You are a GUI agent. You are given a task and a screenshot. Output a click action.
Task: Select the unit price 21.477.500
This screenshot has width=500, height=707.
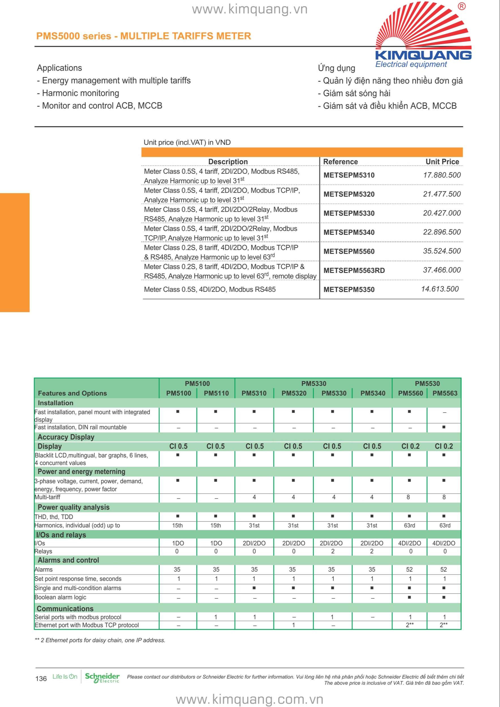click(x=442, y=194)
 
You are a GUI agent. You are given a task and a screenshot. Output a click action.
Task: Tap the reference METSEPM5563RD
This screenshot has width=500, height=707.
click(x=354, y=270)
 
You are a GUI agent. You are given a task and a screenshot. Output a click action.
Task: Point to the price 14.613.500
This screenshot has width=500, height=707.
click(x=440, y=289)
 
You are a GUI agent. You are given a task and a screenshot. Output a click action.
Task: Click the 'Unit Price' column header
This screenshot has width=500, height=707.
click(x=442, y=162)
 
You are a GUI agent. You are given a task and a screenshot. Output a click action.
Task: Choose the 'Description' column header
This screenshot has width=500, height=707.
click(x=228, y=162)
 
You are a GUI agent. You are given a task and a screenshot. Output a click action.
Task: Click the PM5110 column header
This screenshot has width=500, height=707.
click(x=216, y=393)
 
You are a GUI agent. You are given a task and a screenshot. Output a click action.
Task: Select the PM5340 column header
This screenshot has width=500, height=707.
click(x=373, y=393)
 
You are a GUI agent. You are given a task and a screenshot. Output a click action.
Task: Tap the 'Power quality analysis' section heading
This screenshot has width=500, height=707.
click(x=73, y=507)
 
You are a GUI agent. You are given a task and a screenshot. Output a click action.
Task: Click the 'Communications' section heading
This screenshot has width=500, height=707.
click(x=65, y=609)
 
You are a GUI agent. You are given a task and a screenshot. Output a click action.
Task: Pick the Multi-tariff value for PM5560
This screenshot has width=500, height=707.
click(x=408, y=497)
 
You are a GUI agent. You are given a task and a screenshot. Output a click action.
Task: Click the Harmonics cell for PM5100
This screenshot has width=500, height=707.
click(x=177, y=525)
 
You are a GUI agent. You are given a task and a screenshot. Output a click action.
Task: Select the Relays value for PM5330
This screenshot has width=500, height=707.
click(x=333, y=551)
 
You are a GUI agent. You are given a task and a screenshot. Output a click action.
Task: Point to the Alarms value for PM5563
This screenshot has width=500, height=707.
click(x=443, y=569)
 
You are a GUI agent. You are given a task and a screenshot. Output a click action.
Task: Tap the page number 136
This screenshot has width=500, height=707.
click(x=41, y=679)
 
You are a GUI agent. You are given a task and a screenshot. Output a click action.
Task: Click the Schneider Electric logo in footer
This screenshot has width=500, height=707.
click(x=102, y=678)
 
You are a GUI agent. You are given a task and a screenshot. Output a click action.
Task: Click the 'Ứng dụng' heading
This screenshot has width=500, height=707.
click(x=336, y=68)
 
